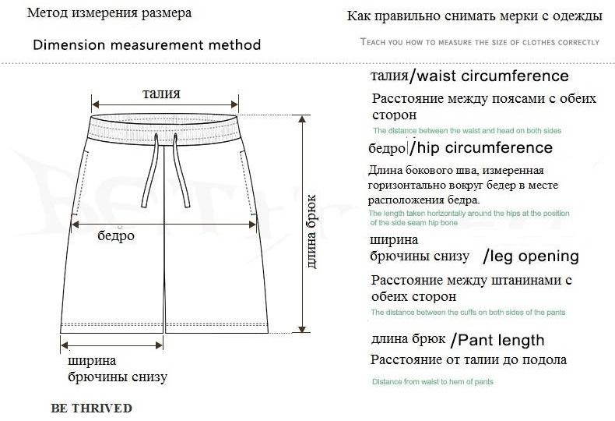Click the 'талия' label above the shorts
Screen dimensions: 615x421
(x=161, y=94)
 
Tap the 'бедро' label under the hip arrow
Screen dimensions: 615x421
(x=116, y=235)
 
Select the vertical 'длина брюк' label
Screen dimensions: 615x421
(x=311, y=232)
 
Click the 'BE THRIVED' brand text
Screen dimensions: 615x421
(x=91, y=408)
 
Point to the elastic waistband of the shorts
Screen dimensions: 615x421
(x=164, y=129)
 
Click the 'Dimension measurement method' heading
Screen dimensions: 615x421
(x=147, y=44)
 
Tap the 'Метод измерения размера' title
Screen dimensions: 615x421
(x=110, y=13)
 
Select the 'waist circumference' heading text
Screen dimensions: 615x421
(x=493, y=76)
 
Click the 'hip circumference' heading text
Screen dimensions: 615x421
(x=485, y=147)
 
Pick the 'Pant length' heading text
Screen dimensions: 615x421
(x=501, y=341)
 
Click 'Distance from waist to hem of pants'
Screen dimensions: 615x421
(x=433, y=382)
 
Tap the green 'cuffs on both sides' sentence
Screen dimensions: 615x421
(x=469, y=313)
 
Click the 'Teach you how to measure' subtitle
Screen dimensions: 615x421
(x=480, y=42)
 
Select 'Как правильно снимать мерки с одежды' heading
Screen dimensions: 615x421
(x=475, y=16)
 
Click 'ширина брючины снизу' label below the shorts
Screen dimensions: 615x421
(x=118, y=369)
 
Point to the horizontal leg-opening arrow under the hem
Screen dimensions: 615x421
(x=112, y=345)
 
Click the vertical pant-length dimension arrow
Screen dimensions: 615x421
(x=302, y=224)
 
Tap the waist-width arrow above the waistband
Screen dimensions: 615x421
(x=165, y=104)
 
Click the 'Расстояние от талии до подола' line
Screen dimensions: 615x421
(x=469, y=360)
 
